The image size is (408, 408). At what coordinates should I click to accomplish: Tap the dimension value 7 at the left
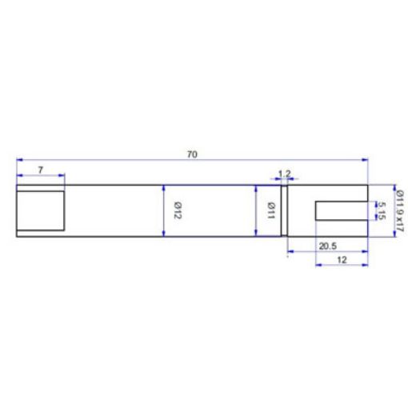pos(40,170)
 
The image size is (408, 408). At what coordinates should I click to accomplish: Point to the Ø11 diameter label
pos(271,211)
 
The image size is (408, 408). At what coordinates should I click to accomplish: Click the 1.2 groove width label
pos(284,174)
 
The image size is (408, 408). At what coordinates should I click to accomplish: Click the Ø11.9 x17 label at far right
pos(397,211)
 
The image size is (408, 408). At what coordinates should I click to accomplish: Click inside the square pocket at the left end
pos(40,210)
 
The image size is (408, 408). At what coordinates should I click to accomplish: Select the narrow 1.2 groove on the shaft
pos(284,211)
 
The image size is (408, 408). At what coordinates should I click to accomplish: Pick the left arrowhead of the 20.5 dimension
pos(290,251)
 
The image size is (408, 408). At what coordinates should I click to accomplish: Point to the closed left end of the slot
pos(316,211)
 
